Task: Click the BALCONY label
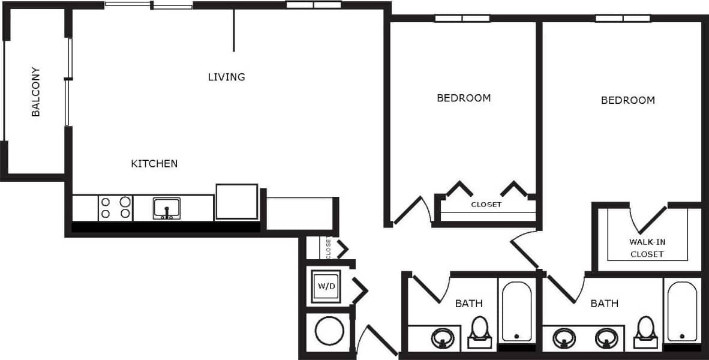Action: (x=36, y=91)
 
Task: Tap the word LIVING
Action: (x=227, y=77)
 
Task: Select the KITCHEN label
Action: (x=154, y=163)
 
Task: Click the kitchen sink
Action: (x=167, y=208)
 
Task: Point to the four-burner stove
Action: (x=115, y=208)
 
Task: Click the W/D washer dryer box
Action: (x=326, y=286)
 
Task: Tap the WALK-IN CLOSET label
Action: (x=647, y=248)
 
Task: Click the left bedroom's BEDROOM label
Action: (x=464, y=98)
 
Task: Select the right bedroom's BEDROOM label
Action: (x=628, y=100)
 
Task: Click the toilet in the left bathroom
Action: (x=479, y=331)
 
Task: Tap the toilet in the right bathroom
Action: (x=645, y=330)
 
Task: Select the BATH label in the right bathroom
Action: (x=605, y=304)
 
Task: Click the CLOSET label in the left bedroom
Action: (x=486, y=205)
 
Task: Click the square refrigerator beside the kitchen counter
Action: (x=236, y=202)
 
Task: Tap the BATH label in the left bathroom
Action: (x=468, y=304)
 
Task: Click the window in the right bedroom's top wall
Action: (x=623, y=19)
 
